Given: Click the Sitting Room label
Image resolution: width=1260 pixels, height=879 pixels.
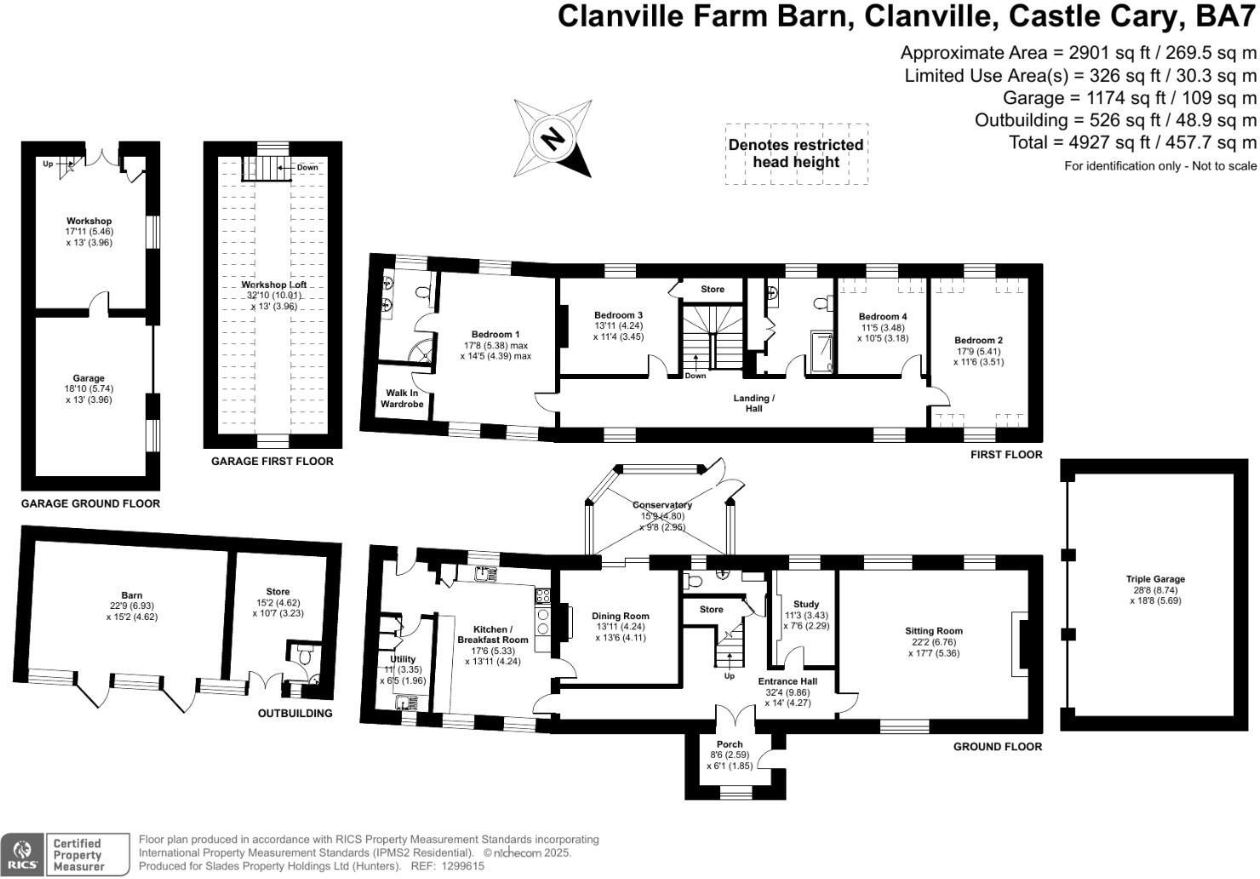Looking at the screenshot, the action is (934, 631).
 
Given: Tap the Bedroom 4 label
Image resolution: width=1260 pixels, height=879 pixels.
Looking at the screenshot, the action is (883, 317).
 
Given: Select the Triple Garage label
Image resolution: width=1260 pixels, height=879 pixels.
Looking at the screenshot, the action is (1155, 579).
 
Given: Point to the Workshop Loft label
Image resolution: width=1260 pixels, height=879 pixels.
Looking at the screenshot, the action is (273, 284).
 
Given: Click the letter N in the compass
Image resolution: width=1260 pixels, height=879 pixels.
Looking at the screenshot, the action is (553, 139).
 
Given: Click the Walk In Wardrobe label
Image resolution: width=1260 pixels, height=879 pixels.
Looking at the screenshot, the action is (402, 399).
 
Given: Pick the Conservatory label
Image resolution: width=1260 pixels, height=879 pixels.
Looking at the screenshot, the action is (661, 505).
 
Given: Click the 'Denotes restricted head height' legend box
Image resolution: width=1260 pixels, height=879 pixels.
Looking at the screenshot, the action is (796, 153).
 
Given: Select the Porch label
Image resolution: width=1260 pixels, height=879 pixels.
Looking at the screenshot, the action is (730, 744).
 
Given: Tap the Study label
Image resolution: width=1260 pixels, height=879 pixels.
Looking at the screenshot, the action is (806, 604).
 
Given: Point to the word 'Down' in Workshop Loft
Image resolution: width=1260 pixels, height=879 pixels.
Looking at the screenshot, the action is (307, 167).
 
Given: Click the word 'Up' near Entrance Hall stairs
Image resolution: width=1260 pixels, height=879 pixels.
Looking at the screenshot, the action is (729, 675).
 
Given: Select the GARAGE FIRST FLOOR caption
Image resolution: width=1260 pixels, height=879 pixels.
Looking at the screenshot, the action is (272, 462).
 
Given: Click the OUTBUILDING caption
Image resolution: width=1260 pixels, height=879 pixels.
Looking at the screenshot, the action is (295, 714).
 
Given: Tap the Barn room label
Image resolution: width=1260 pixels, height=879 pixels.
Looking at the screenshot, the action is (132, 595).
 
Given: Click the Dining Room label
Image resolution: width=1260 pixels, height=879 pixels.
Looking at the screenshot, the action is (621, 616).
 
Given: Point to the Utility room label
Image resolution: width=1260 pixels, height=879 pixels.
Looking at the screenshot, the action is (403, 659).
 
